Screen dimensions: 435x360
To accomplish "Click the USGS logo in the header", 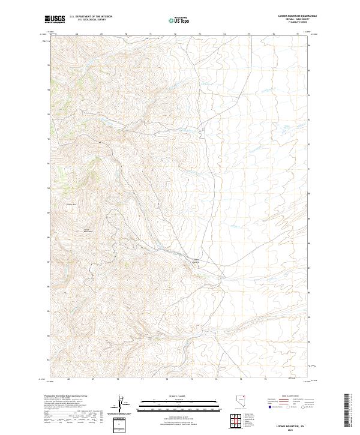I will pos(55,19).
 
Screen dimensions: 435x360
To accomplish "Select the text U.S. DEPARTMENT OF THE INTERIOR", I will pos(91,17).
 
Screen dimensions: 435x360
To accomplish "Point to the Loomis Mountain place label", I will pos(89,230).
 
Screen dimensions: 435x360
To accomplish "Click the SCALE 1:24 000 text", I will pos(179,397).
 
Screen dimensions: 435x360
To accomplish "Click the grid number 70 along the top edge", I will pos(126,34).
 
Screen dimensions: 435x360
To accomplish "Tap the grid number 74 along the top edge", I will pos(224,34).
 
